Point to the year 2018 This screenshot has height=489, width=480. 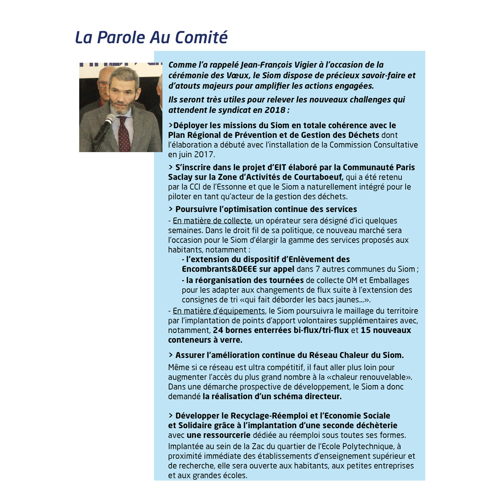tap(276, 110)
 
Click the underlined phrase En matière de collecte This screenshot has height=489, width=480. tap(212, 221)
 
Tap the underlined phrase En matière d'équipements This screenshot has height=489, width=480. tap(218, 311)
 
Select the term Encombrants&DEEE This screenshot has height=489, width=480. tap(222, 269)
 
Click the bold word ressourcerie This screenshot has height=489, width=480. tap(226, 435)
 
